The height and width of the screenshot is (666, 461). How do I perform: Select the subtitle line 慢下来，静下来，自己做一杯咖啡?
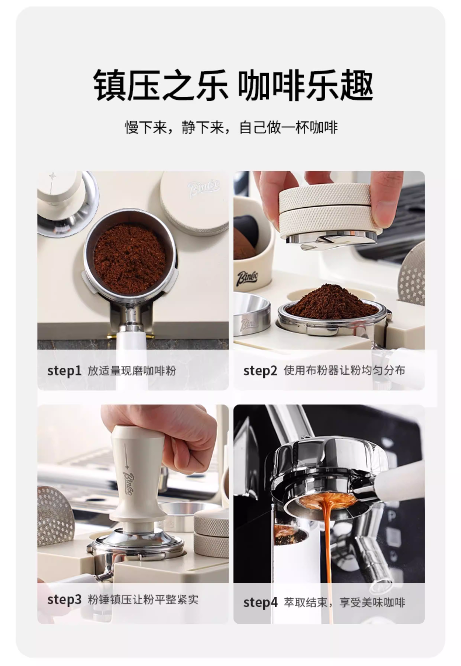click(x=231, y=127)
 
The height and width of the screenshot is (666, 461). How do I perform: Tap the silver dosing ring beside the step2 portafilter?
click(x=252, y=314)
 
